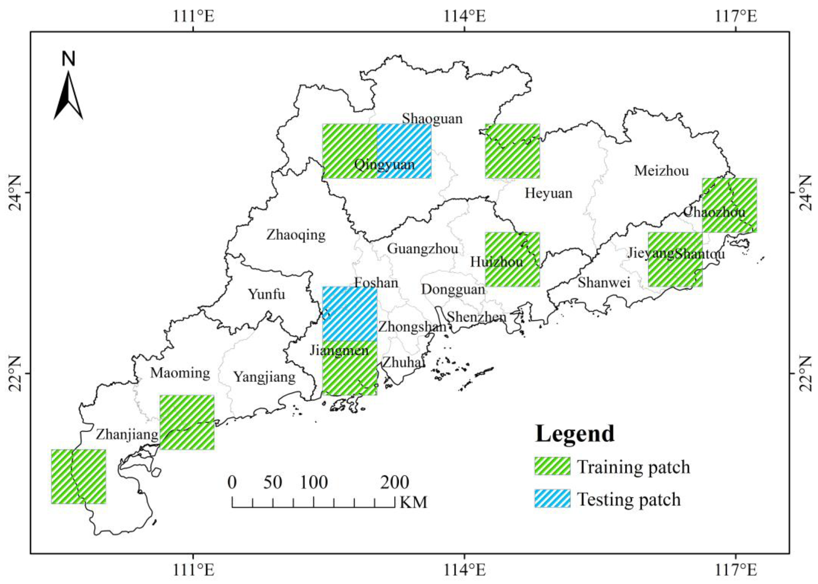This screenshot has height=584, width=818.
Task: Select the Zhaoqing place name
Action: pyautogui.click(x=296, y=235)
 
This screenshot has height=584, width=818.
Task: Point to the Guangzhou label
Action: pyautogui.click(x=422, y=249)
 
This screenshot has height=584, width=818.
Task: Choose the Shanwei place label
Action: pyautogui.click(x=604, y=283)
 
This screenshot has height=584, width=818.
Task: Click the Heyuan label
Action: pyautogui.click(x=548, y=193)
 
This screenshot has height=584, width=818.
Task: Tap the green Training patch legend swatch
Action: pyautogui.click(x=552, y=466)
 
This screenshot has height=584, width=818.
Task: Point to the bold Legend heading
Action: pyautogui.click(x=574, y=434)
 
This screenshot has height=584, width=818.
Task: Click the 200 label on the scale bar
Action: pyautogui.click(x=394, y=482)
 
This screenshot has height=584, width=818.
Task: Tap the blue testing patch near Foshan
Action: pyautogui.click(x=350, y=314)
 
